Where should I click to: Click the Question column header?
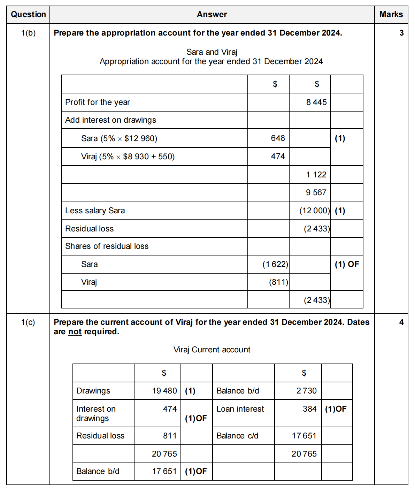28,14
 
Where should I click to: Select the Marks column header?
391,14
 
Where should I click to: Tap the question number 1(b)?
28,33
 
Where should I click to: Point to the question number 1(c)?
28,322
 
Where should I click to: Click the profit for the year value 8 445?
316,102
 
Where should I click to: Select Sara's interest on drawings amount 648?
278,138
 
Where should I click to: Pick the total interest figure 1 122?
316,175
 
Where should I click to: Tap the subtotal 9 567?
316,192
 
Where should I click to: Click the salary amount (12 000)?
314,211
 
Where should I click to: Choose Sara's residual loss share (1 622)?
275,264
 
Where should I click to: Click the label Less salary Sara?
95,211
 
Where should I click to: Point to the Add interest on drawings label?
110,120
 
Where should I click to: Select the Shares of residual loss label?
107,246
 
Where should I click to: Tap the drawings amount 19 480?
164,391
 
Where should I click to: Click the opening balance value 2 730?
306,391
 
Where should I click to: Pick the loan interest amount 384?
309,409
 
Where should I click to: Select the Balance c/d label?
237,436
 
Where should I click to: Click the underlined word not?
75,331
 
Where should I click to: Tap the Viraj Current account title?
212,350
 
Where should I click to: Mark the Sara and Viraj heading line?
212,52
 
